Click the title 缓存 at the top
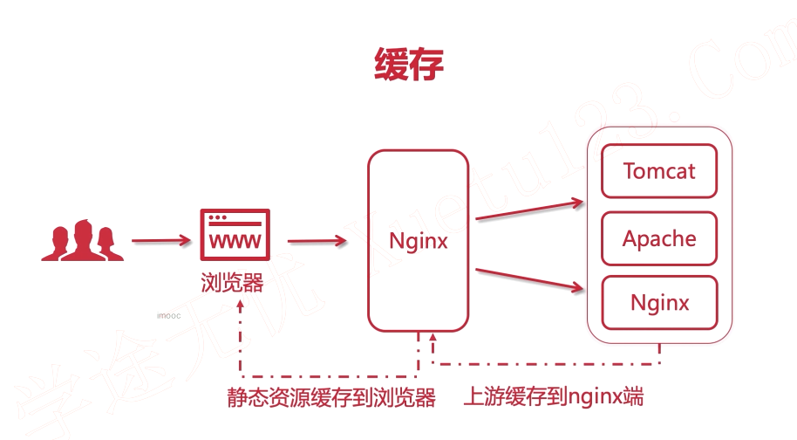tap(409, 65)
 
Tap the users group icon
tap(82, 240)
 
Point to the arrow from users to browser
tap(161, 239)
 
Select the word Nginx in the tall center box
tap(419, 239)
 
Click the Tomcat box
tap(659, 170)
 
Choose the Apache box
tap(659, 238)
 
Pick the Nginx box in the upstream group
tap(659, 303)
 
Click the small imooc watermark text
tap(169, 317)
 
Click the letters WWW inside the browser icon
tap(235, 240)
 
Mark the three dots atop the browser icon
tap(218, 217)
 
